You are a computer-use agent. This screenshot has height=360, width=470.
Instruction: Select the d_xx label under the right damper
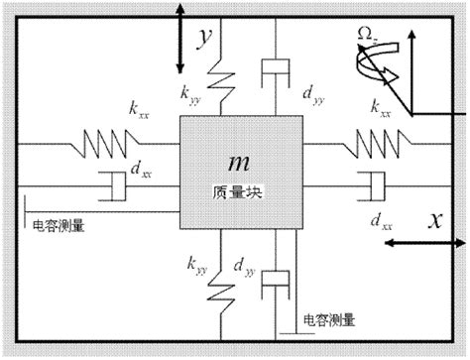[379, 218]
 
